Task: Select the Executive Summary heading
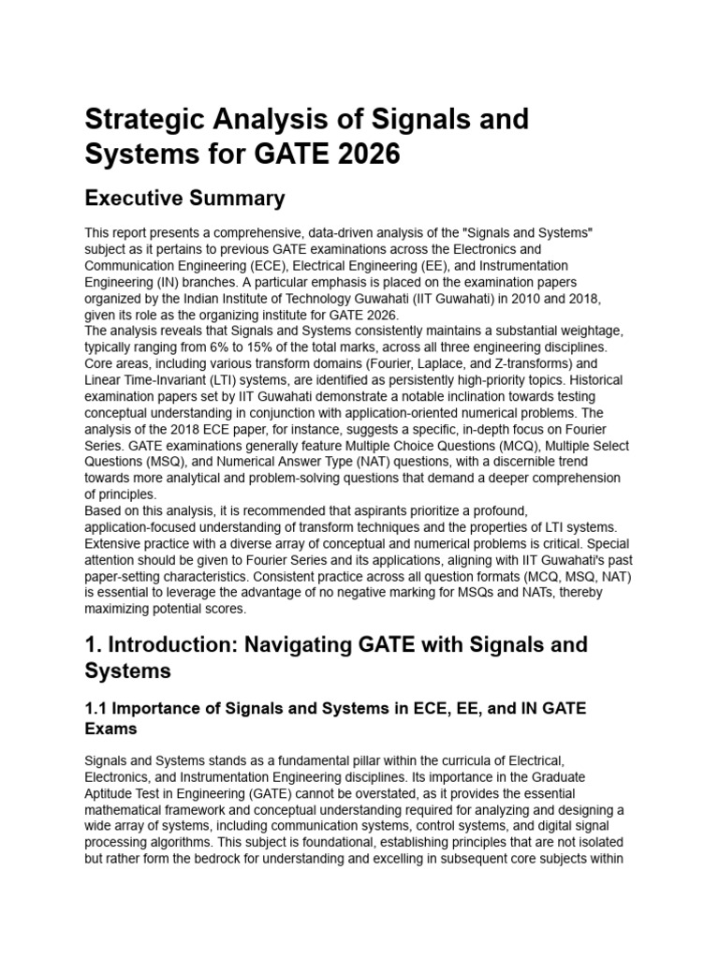click(184, 199)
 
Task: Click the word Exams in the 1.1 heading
click(111, 728)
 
